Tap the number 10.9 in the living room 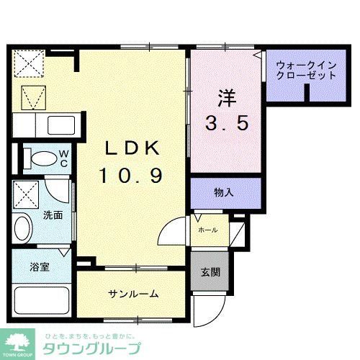point(132,175)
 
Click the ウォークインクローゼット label point(305,70)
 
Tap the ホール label point(209,230)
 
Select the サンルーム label point(134,294)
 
